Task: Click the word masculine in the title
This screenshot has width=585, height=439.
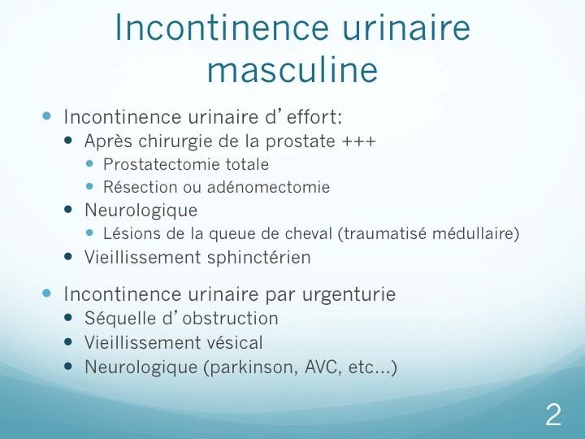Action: point(292,70)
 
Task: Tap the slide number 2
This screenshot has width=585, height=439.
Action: point(553,415)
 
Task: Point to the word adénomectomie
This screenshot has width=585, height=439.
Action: point(268,187)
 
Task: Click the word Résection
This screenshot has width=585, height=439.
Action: point(141,187)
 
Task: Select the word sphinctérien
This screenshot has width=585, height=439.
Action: point(259,258)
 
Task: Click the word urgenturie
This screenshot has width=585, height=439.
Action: point(349,294)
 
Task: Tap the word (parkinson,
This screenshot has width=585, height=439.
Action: point(251,367)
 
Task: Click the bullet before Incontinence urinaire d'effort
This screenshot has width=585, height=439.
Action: point(46,116)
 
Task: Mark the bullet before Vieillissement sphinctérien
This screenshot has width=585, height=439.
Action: point(68,257)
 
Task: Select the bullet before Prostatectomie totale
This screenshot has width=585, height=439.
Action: point(89,163)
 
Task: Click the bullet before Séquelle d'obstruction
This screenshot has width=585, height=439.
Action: point(68,318)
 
